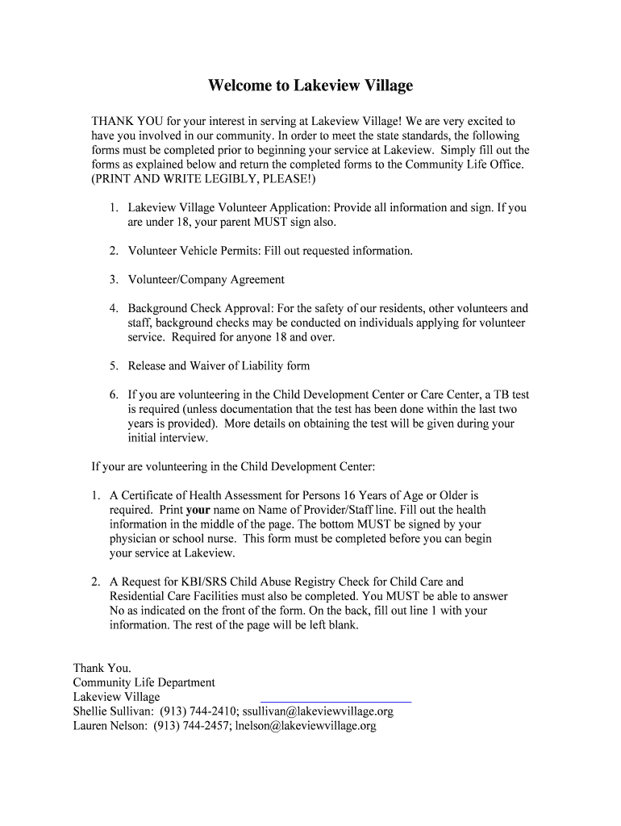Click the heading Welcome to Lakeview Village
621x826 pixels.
click(x=310, y=86)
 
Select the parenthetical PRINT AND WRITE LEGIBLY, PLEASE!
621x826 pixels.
click(x=203, y=179)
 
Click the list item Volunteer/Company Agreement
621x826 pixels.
click(x=206, y=280)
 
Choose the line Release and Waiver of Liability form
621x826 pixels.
click(x=219, y=365)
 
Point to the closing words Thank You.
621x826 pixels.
click(x=102, y=668)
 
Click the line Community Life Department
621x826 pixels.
click(x=144, y=682)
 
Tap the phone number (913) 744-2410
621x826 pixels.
click(x=198, y=711)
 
